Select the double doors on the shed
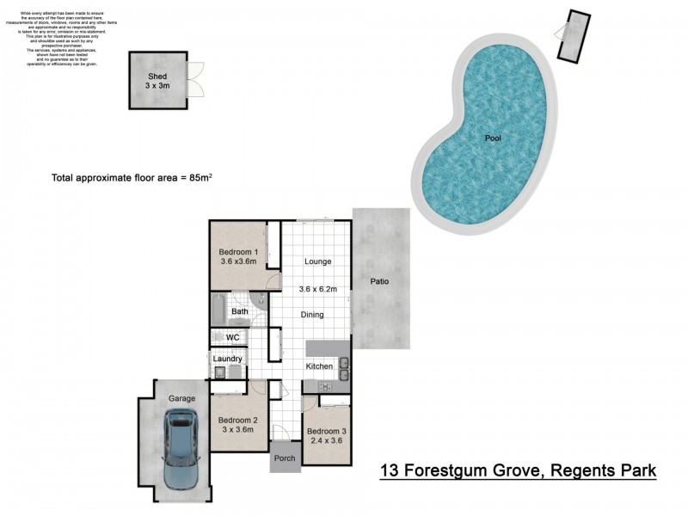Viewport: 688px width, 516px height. point(197,79)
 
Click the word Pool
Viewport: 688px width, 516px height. point(492,138)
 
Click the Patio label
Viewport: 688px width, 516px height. point(381,281)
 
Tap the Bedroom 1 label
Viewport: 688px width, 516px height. point(238,252)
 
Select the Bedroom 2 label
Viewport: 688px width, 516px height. point(235,417)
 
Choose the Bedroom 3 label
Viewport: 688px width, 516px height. point(327,431)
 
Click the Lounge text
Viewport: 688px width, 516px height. point(316,261)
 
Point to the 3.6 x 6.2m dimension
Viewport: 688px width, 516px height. point(318,290)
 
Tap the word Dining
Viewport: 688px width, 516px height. point(311,315)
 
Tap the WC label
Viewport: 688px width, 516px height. point(232,338)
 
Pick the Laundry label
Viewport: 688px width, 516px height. point(228,359)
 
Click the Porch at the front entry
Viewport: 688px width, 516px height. point(284,458)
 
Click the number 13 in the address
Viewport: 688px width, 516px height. point(390,470)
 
